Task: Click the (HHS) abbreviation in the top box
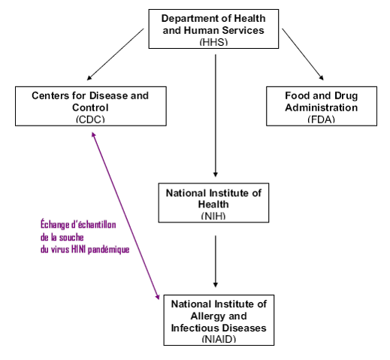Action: (x=213, y=42)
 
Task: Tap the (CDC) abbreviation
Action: (x=90, y=119)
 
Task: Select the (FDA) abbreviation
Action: (x=322, y=119)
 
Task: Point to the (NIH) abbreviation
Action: (x=213, y=216)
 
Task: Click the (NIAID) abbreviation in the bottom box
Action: (x=219, y=339)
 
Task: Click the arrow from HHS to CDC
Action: (x=116, y=54)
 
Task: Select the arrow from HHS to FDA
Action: (x=303, y=54)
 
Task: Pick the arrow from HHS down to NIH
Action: (x=216, y=116)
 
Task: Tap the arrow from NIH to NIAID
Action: (x=216, y=262)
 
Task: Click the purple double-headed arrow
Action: (x=125, y=216)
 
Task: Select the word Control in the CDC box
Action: (x=90, y=107)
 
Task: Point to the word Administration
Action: (x=322, y=107)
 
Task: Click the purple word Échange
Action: (x=55, y=224)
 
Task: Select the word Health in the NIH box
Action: (x=213, y=204)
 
